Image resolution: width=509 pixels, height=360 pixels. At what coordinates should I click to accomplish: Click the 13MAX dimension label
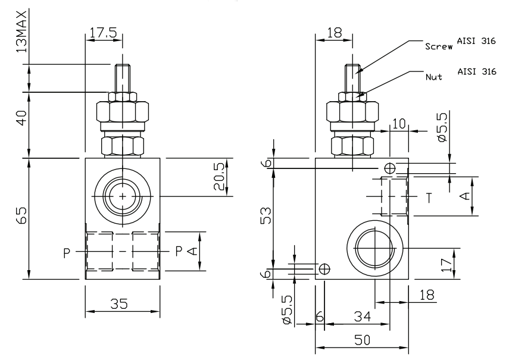click(23, 30)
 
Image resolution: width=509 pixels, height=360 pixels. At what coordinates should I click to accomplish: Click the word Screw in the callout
click(438, 45)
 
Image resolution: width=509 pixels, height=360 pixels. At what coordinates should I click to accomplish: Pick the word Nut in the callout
click(433, 77)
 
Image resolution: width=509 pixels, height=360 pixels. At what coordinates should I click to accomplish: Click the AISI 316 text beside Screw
click(476, 40)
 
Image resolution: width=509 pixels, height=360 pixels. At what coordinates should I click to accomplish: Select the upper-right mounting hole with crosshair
click(390, 169)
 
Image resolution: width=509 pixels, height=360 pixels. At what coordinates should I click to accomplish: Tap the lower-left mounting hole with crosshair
click(324, 269)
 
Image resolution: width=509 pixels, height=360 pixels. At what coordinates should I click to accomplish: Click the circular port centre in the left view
click(122, 197)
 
